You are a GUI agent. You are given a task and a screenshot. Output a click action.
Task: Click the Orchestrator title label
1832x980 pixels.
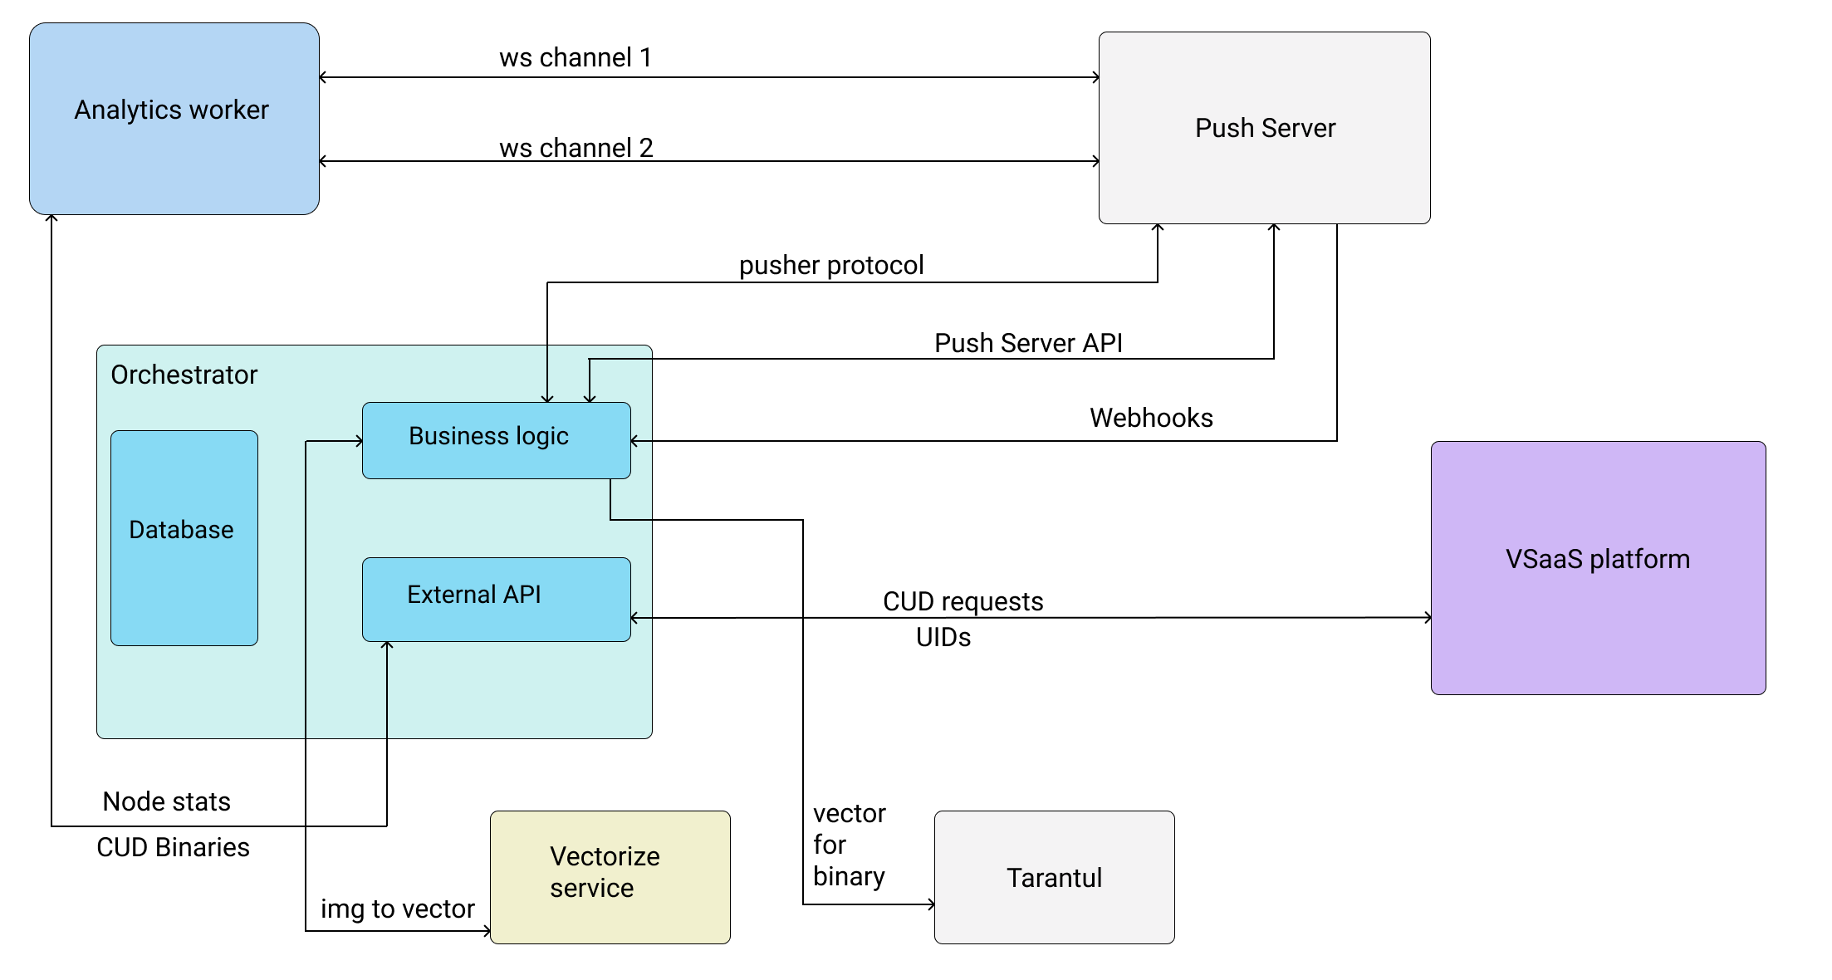(184, 375)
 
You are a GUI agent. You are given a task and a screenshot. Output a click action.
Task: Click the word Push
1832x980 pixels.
(1223, 128)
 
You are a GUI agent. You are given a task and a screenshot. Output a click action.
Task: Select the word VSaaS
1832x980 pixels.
(1544, 559)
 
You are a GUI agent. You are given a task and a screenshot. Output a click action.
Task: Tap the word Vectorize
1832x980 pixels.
(605, 856)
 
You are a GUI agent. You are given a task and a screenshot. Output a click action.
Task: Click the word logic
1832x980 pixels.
(541, 436)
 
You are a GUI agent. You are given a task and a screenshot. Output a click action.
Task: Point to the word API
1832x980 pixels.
(522, 595)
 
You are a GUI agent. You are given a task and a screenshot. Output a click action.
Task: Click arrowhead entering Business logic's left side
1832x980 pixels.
(360, 441)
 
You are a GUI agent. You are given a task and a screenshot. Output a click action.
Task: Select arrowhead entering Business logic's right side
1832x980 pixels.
(634, 441)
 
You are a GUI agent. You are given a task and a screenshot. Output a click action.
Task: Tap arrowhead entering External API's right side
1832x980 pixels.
(634, 618)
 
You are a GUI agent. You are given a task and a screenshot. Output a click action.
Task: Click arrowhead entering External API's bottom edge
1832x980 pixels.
(387, 645)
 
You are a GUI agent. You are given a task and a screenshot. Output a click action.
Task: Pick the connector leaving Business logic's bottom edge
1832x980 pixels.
(610, 501)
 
